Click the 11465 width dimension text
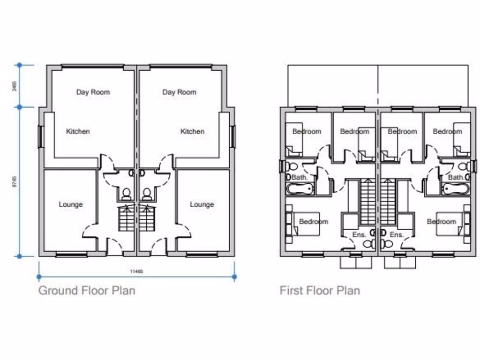pos(136,271)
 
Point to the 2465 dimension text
pos(15,86)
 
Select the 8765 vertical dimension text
pos(15,181)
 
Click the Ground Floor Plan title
pos(87,290)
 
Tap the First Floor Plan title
pos(320,290)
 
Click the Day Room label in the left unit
pos(93,92)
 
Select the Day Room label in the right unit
pos(180,92)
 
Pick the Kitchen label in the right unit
pos(192,131)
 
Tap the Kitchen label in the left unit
pos(78,131)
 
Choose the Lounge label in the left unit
pos(71,204)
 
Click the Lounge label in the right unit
pos(202,204)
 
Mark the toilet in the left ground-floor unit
pos(126,194)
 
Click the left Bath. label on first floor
pos(300,178)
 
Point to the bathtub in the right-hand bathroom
pos(455,189)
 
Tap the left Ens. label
pos(359,234)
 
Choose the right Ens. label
pos(397,234)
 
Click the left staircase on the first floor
pos(368,202)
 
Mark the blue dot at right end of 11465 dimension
pos(234,277)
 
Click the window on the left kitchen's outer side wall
pos(41,136)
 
